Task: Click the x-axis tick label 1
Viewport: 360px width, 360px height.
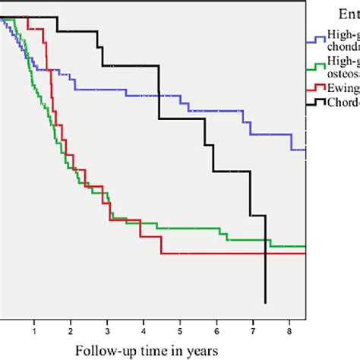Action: click(34, 331)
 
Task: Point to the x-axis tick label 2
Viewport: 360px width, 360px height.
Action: click(71, 331)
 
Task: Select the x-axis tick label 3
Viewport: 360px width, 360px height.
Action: click(107, 331)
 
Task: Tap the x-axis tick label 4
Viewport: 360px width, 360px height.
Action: click(144, 331)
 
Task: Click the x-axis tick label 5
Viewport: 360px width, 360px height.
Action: click(180, 331)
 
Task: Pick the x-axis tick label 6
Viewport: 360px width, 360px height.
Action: click(216, 331)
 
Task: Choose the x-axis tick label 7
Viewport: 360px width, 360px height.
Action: click(253, 331)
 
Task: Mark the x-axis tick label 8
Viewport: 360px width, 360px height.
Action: click(289, 331)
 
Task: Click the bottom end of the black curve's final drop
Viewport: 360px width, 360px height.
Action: click(265, 303)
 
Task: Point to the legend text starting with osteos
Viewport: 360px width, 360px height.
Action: click(343, 72)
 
